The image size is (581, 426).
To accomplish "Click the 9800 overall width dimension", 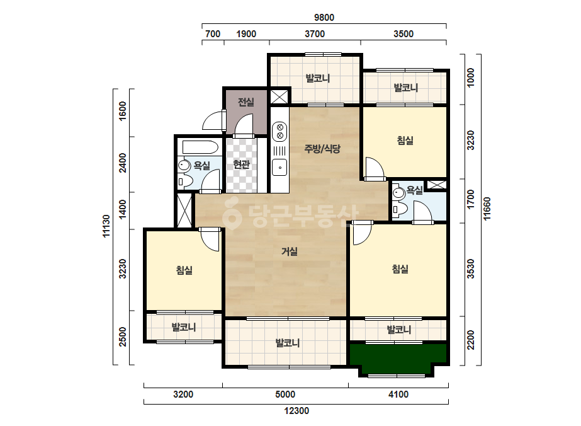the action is coord(324,18).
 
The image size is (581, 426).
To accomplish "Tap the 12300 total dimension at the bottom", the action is coord(296,411).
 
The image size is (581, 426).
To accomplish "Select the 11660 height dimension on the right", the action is coord(487,209).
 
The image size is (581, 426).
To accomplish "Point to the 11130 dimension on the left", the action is coord(106,226).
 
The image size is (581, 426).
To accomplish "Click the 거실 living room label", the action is coord(290,251).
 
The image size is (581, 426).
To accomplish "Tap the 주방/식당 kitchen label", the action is coord(322,149).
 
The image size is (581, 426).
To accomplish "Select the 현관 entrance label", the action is coord(241,164).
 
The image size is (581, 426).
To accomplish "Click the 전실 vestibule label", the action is coord(245,101).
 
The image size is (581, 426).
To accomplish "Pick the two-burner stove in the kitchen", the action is coord(279,131).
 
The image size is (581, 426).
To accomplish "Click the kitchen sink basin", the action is coord(279,168).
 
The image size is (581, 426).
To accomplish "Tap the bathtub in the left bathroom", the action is coord(200,147).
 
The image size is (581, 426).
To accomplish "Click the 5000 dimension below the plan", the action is coord(285,394).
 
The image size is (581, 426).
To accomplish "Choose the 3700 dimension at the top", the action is coord(315,34).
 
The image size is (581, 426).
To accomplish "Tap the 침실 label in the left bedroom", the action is coord(184,270).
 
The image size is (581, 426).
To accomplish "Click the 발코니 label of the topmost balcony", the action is coord(317,78).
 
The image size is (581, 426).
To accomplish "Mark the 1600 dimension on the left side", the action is coord(123,110).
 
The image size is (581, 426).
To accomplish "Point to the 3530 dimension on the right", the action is coord(470,268).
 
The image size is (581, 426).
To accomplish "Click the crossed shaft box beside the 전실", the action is coord(279,96).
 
